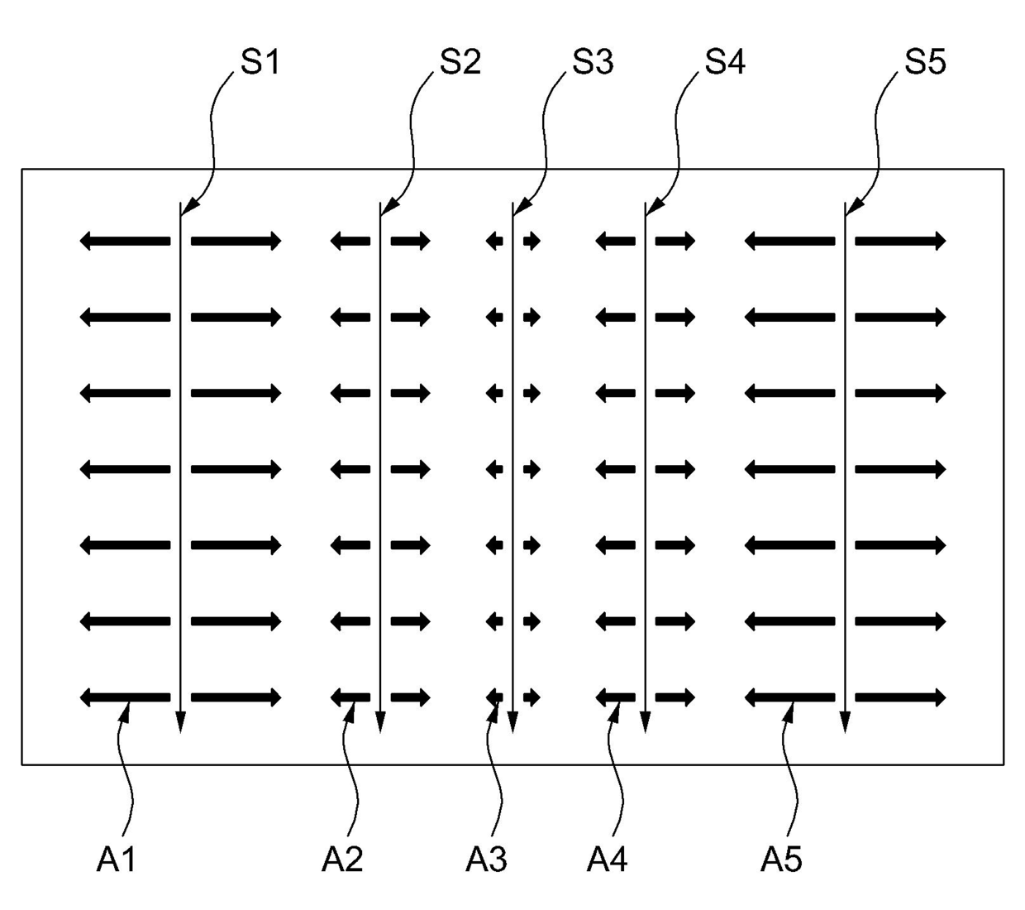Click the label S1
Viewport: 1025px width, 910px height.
click(260, 62)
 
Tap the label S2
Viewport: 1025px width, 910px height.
click(460, 62)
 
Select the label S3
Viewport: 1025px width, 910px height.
click(593, 62)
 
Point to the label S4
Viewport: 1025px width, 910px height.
click(725, 62)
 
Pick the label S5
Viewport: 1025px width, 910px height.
click(925, 62)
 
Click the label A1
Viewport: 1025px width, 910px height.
click(116, 860)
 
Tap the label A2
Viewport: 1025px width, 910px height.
click(342, 860)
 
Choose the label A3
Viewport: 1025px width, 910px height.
click(486, 860)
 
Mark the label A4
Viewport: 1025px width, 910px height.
click(608, 860)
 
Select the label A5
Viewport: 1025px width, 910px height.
click(782, 860)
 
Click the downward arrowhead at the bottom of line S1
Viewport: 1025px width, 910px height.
click(180, 723)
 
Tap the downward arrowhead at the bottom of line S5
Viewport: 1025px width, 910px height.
click(845, 723)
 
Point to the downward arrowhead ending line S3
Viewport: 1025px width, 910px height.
click(512, 723)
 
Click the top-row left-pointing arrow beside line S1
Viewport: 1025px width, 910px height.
click(125, 242)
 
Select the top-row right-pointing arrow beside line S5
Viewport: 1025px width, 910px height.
click(900, 242)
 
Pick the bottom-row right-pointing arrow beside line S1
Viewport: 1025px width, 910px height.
click(236, 697)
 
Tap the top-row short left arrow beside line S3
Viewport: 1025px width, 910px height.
click(494, 242)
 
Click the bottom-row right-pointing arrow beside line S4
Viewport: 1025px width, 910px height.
click(675, 697)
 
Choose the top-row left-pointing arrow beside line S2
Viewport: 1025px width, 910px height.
click(350, 242)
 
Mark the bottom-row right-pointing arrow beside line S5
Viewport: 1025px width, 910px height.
click(900, 697)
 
